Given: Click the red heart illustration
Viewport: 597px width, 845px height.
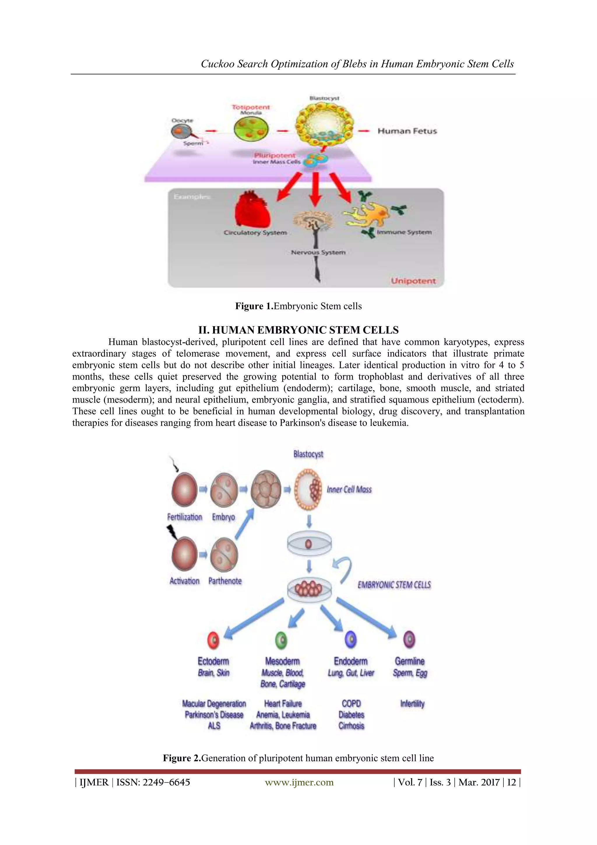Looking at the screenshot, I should click(253, 210).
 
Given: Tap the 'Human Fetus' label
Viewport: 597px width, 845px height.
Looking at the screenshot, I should click(407, 131).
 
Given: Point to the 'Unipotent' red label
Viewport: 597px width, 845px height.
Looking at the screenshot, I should click(413, 281).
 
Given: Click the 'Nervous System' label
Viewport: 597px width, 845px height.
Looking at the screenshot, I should click(318, 252).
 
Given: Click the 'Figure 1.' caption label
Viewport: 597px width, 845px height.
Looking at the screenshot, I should click(254, 306).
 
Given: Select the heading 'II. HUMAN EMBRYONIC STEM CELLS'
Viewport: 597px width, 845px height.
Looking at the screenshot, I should click(298, 330).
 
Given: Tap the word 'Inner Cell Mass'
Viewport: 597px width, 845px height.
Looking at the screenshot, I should click(349, 490).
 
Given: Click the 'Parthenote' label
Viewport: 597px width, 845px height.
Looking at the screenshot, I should click(225, 581).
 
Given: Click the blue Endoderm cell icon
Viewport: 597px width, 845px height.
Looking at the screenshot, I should click(351, 639).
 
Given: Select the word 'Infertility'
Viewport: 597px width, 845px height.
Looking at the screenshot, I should click(412, 704).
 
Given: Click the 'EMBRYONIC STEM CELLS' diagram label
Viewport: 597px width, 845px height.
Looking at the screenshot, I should click(394, 585).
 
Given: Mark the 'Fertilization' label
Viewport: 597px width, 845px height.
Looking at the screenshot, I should click(185, 517).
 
